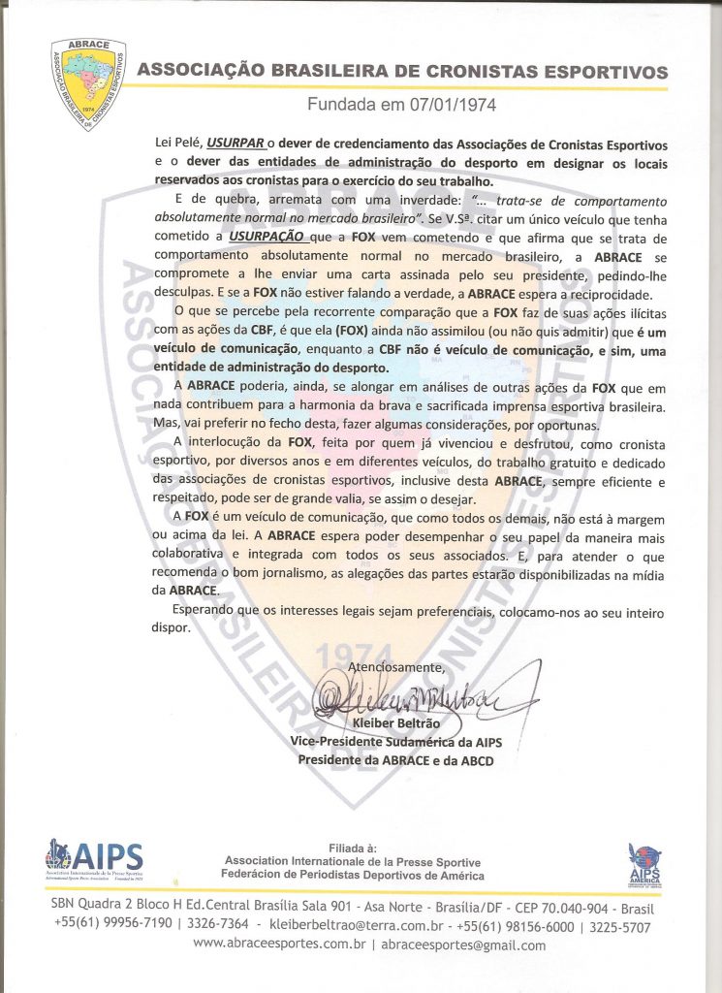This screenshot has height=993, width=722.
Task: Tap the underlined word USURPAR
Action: tap(235, 143)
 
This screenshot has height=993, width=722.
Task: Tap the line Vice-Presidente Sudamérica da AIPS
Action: tap(395, 742)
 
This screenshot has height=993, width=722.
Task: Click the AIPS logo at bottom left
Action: tap(93, 859)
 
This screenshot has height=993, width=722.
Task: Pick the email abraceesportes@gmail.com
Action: tap(463, 945)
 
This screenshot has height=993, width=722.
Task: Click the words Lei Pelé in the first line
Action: tap(176, 143)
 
